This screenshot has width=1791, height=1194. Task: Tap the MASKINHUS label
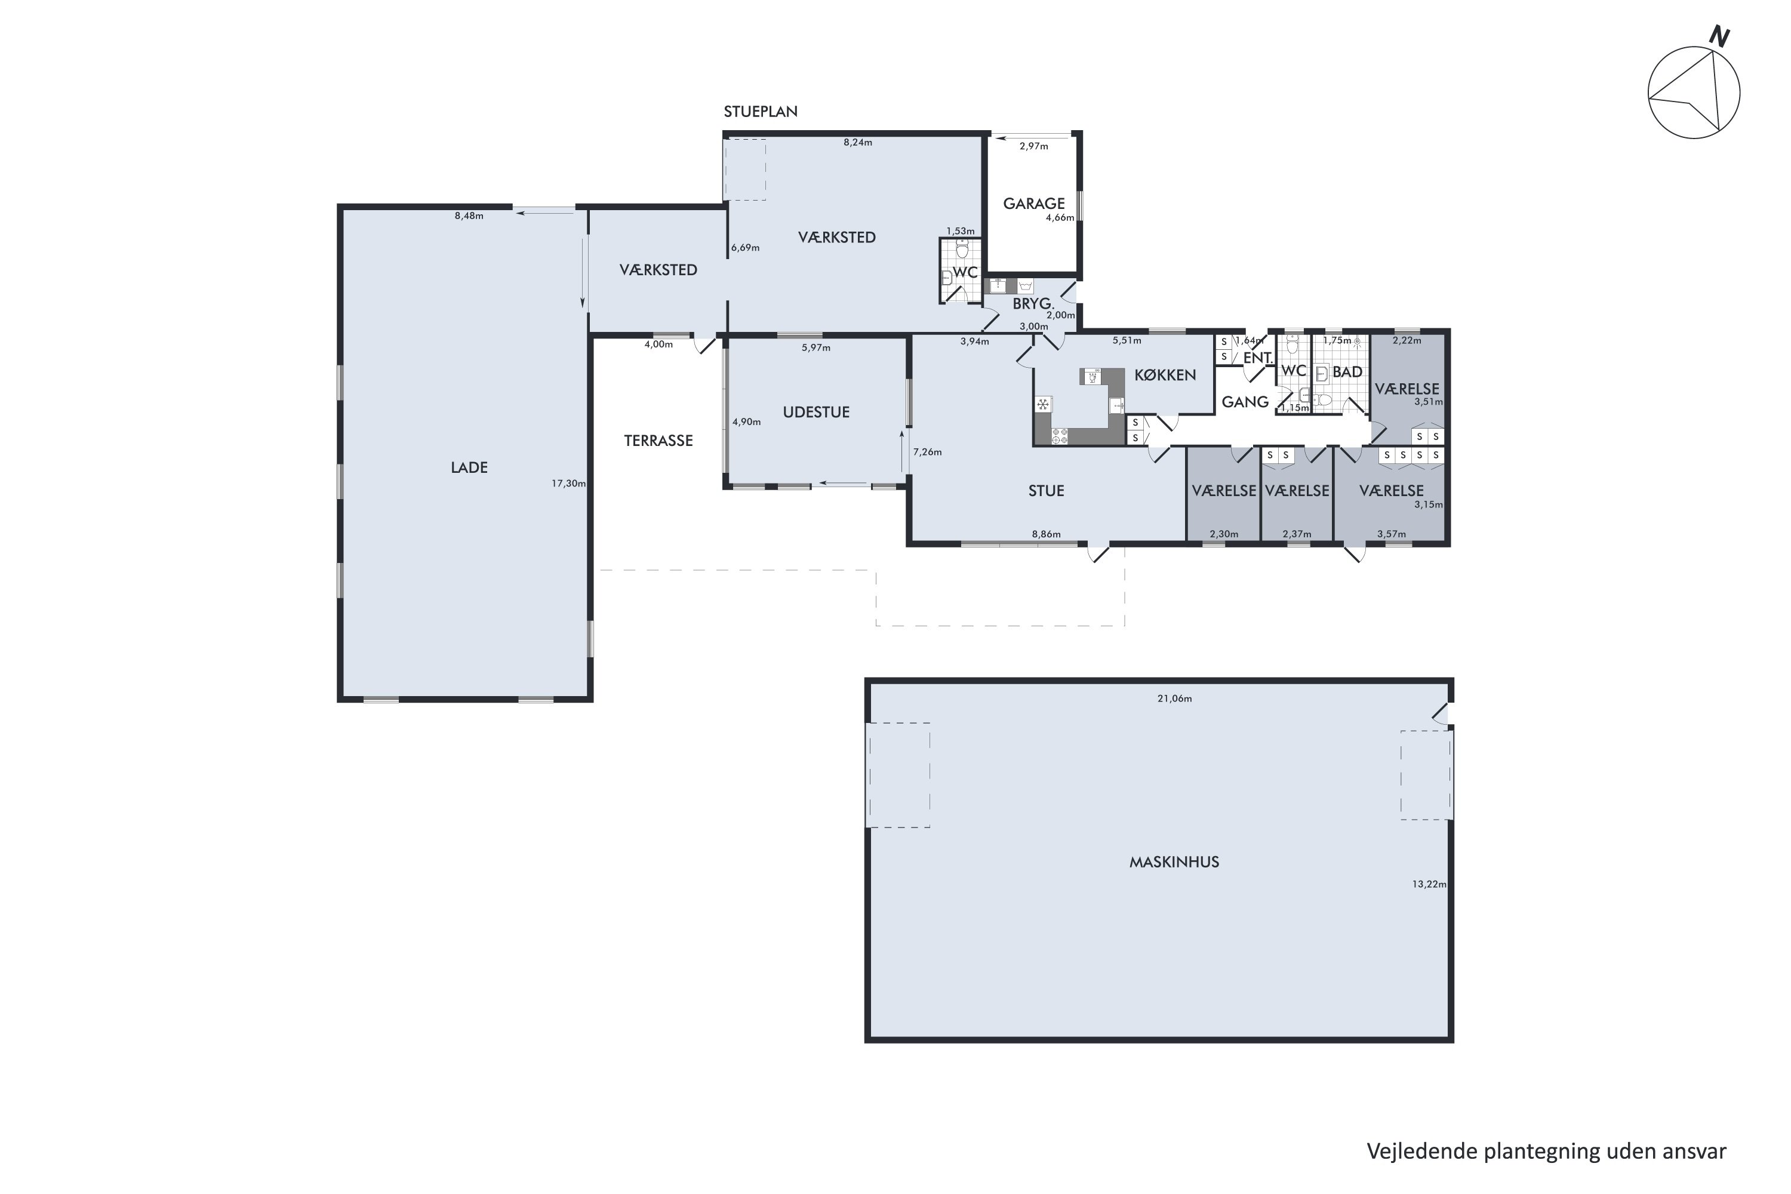click(1174, 862)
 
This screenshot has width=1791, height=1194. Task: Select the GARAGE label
click(1033, 204)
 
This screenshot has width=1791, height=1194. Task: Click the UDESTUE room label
click(816, 412)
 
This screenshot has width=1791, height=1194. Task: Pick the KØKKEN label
click(1165, 375)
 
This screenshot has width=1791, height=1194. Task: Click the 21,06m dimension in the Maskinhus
click(1174, 698)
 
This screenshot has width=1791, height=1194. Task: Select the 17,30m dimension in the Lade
click(569, 483)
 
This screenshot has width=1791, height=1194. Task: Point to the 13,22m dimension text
click(1429, 884)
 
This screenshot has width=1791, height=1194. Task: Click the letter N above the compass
click(1719, 36)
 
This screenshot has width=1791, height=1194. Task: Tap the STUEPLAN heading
click(760, 111)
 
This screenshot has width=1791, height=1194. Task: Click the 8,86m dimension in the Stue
click(1047, 534)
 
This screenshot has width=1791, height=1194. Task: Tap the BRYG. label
click(1033, 304)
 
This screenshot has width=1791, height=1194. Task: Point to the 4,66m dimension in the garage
click(1060, 217)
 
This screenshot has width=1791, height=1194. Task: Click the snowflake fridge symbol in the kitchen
click(1042, 404)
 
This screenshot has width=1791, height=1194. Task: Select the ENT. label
click(1258, 357)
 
